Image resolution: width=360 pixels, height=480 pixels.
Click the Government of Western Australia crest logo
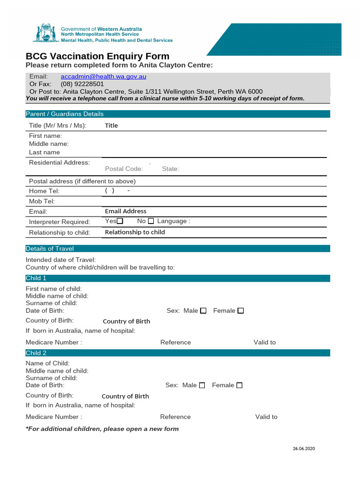pos(46,33)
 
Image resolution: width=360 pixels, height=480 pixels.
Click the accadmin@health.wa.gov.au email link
pos(103,76)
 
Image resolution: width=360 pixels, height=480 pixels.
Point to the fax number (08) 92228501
pos(82,84)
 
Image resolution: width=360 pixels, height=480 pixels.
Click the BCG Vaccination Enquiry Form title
pos(97,56)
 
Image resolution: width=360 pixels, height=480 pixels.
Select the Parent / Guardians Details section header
pos(65,114)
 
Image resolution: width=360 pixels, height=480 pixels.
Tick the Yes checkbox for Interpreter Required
pos(120,221)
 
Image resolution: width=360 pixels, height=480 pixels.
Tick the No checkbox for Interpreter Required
pos(150,221)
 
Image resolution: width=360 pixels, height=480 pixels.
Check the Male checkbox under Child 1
pos(203,311)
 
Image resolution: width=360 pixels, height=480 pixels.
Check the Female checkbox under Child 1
pos(240,311)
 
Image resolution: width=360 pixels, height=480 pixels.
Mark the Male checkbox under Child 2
pos(202,385)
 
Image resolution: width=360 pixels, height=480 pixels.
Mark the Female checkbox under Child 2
pos(239,385)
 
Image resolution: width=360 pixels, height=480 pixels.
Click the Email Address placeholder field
pos(126,211)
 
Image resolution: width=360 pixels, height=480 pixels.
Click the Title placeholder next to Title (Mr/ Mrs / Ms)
pos(112,126)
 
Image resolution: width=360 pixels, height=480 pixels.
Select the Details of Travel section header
pos(50,248)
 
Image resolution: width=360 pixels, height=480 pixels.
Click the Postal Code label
pos(124,169)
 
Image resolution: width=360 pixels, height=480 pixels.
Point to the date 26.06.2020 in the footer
pos(304,449)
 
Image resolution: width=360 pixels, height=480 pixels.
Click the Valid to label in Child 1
pos(265,342)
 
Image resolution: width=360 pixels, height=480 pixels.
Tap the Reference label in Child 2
pos(175,417)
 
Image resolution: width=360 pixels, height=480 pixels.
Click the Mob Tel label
pos(42,201)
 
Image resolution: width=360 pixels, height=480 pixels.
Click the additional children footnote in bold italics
pos(102,429)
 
